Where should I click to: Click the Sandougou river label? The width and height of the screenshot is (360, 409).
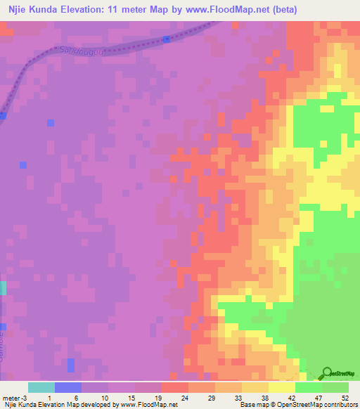pyautogui.click(x=79, y=51)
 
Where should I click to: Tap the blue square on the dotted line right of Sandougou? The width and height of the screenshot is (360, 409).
pyautogui.click(x=166, y=39)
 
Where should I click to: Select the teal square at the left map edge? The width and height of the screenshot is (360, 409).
pyautogui.click(x=3, y=287)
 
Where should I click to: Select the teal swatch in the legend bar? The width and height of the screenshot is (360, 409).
pyautogui.click(x=41, y=387)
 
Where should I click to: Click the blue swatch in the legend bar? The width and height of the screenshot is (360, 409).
pyautogui.click(x=67, y=387)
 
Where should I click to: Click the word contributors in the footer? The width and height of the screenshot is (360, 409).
pyautogui.click(x=339, y=405)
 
